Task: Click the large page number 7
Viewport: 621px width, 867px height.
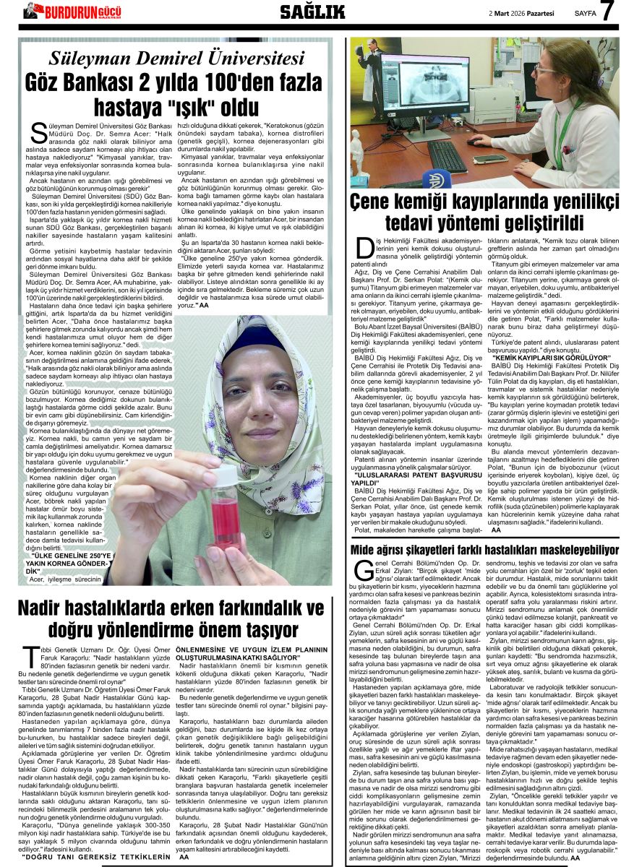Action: point(607,14)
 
